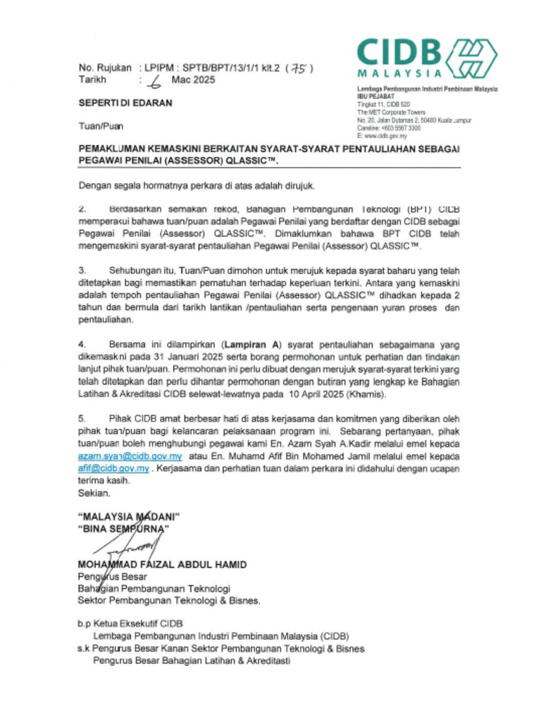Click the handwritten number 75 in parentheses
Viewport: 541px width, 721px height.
(299, 68)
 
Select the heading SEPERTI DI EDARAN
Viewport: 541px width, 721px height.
(125, 103)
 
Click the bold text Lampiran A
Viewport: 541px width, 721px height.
(251, 344)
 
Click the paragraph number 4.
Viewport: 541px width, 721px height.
(81, 344)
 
